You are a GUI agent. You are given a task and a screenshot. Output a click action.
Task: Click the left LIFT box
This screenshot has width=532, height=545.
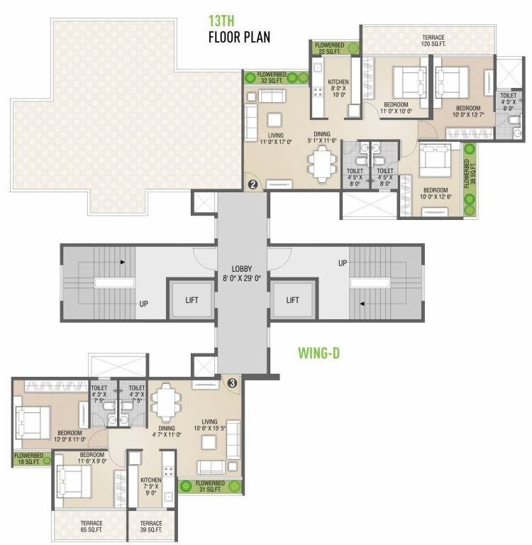tap(192, 300)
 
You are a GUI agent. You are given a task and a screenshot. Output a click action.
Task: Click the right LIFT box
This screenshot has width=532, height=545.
tap(293, 300)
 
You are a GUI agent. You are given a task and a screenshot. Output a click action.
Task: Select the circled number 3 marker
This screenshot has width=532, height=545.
tap(232, 382)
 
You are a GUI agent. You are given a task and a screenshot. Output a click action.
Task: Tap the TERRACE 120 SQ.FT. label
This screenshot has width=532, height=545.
tap(433, 40)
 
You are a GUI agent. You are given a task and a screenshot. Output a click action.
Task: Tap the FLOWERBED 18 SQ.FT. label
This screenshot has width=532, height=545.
tap(28, 458)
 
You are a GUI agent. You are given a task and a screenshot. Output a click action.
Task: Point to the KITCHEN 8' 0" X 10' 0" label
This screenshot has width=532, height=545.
tap(338, 88)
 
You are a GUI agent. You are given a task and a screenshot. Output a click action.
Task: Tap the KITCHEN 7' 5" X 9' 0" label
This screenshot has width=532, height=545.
tap(151, 485)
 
